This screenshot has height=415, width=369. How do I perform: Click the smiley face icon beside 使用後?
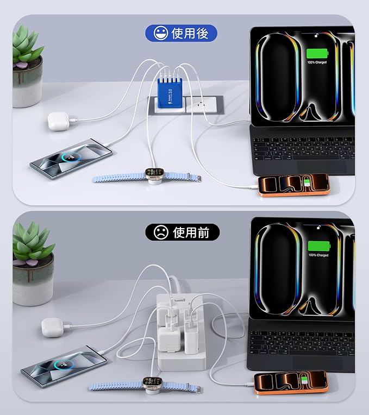coord(160,34)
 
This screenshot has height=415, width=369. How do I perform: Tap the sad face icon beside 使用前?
coord(160,232)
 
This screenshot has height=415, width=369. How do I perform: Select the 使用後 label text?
coord(193,34)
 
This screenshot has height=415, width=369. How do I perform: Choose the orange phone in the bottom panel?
coord(291,382)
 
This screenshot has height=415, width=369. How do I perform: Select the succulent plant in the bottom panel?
coord(33,244)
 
